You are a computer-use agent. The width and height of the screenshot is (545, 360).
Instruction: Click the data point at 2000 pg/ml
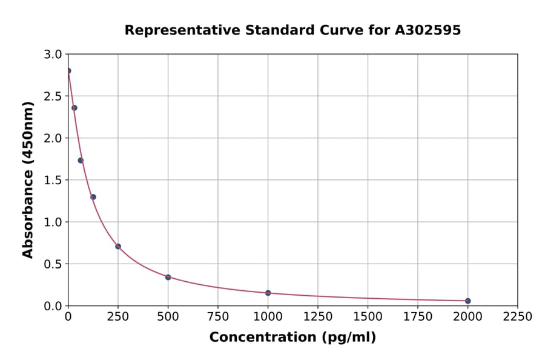(467, 301)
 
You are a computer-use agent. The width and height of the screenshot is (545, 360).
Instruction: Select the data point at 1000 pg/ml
(268, 293)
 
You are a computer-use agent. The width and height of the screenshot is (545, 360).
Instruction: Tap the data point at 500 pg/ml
(168, 277)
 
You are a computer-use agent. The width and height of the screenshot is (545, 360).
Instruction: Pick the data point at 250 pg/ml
(118, 246)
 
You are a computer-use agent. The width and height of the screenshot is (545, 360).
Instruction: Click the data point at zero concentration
(68, 71)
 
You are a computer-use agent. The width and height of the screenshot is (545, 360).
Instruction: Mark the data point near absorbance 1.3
(93, 197)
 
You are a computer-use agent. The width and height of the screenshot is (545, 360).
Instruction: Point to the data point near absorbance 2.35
(74, 108)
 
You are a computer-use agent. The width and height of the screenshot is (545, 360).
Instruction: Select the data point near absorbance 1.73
(81, 160)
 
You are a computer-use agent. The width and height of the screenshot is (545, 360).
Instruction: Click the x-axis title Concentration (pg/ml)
(292, 338)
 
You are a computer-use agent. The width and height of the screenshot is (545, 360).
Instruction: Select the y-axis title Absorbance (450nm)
(28, 179)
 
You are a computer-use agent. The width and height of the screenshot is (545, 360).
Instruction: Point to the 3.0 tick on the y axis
(54, 55)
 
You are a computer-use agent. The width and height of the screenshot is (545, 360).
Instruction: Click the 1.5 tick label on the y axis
(54, 180)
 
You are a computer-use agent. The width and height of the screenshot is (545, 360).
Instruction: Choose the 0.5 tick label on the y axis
(54, 264)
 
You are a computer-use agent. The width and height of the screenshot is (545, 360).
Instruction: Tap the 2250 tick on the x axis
(517, 317)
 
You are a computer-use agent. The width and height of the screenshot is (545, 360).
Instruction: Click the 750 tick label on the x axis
(218, 317)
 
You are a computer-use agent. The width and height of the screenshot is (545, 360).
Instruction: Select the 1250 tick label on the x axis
(317, 317)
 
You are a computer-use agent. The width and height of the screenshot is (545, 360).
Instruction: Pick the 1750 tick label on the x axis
(417, 317)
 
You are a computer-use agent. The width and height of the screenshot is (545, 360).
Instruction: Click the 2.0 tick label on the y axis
(54, 138)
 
